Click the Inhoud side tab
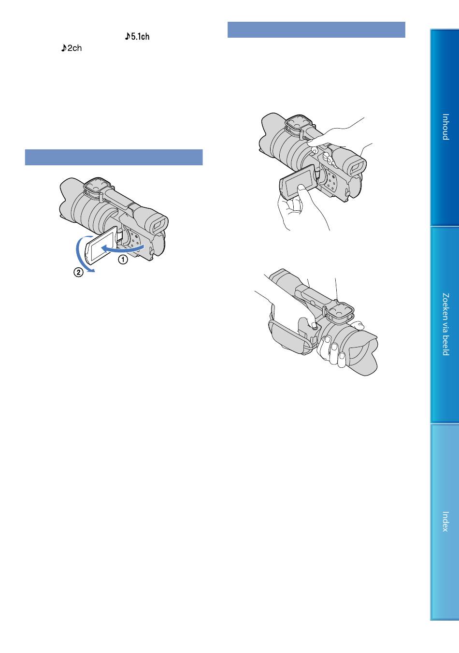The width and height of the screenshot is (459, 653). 445,128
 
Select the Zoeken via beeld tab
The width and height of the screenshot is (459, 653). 445,324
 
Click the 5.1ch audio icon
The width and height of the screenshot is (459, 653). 137,36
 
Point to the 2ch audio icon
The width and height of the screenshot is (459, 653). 72,48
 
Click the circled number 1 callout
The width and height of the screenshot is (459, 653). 123,260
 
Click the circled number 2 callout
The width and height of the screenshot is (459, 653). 78,273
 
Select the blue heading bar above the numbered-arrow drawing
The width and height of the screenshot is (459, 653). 114,158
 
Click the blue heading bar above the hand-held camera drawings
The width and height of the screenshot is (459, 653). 316,30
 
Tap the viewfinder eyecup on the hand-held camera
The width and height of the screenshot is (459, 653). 354,167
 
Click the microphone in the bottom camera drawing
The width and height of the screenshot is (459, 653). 340,312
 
